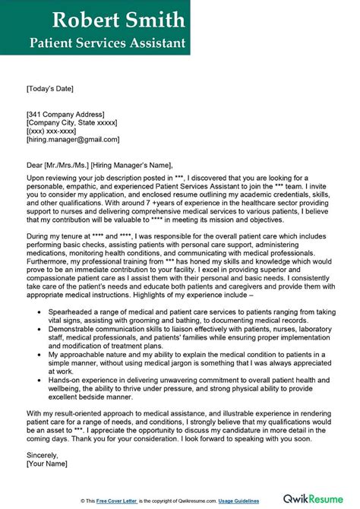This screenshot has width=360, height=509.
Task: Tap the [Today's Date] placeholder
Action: [53, 89]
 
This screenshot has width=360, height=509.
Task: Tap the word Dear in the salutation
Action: [35, 165]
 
